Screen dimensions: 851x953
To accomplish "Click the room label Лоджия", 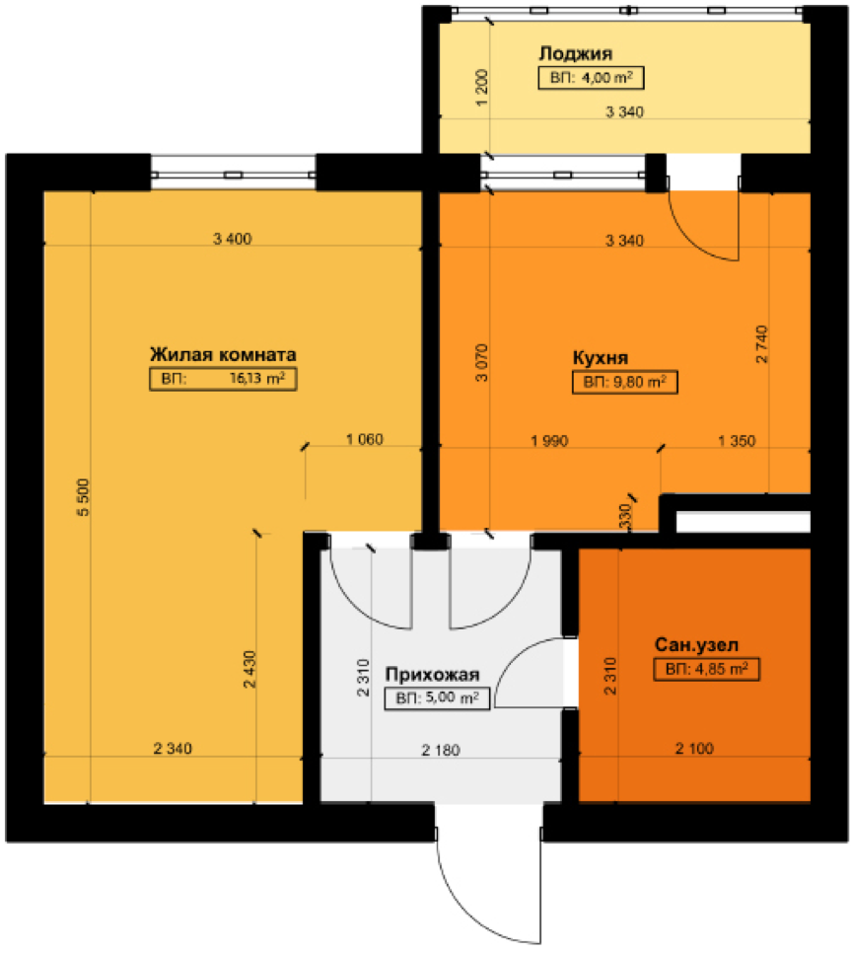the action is tap(575, 54).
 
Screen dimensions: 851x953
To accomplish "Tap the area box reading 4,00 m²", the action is tap(591, 78).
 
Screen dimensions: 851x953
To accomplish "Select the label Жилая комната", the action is tap(223, 354).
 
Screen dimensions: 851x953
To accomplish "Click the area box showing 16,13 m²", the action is tap(223, 379).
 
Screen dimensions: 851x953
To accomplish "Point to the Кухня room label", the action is tap(601, 358).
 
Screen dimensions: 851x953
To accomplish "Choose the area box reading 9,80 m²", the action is tap(624, 383).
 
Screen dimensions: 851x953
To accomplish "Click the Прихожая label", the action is tap(433, 675).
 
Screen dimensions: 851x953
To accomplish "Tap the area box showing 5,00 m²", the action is tap(437, 697).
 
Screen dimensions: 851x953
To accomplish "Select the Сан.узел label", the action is tap(696, 645).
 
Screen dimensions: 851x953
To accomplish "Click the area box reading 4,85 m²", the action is tap(706, 669).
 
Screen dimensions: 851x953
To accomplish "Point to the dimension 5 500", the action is tap(83, 498).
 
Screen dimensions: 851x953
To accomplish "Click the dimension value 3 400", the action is tap(232, 239).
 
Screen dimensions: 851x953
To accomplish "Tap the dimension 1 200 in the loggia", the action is tap(481, 88).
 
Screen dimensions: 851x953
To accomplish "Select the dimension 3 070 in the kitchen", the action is tap(481, 362).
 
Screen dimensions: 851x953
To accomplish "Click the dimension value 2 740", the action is tap(761, 344).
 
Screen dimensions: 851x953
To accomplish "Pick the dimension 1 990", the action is tap(549, 441).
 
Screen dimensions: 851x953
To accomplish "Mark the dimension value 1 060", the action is tap(365, 439).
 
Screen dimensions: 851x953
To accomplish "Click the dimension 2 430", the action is tap(249, 669).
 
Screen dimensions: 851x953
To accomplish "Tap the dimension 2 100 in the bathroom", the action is tap(694, 748).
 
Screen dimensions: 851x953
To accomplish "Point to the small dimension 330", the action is tap(625, 516).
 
